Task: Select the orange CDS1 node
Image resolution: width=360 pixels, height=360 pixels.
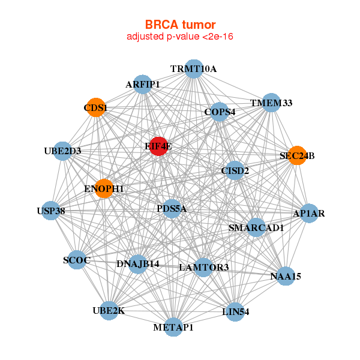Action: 95,107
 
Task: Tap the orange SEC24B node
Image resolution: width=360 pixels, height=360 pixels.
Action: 297,155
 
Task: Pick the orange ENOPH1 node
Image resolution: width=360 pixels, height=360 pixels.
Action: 104,188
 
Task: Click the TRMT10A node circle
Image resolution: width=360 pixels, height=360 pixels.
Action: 193,69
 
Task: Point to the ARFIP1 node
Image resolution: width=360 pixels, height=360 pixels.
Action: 143,85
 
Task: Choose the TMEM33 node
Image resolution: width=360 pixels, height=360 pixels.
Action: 271,103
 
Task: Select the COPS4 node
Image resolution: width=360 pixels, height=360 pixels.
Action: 220,112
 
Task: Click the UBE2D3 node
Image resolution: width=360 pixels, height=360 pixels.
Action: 62,151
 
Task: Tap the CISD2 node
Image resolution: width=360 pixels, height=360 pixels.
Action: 235,170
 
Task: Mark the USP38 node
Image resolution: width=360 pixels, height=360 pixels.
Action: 51,211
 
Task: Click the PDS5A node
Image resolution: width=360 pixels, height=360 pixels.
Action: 172,209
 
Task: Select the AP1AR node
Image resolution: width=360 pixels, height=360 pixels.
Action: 308,213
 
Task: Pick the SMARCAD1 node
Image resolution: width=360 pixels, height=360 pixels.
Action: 256,227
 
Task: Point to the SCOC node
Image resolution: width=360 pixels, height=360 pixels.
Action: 77,260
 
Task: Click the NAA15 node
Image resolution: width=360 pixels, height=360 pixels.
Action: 286,276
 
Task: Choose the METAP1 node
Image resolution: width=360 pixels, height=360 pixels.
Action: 173,327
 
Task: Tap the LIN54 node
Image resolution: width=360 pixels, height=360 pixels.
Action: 235,311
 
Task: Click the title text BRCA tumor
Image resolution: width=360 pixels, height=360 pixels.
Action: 180,25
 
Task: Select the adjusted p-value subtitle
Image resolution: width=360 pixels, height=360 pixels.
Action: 180,37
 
